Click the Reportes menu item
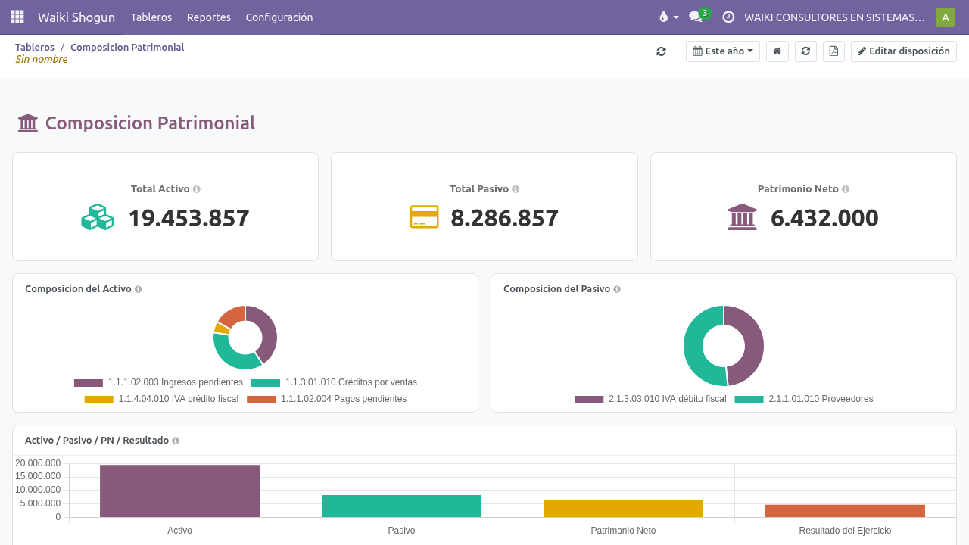208,17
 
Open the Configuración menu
279,17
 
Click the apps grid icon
17,17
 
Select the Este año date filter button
722,51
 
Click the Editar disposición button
904,51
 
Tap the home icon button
777,51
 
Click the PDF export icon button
833,51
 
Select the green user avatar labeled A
946,17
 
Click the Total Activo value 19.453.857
189,218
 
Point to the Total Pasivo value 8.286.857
504,218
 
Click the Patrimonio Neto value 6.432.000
824,218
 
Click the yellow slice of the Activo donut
222,329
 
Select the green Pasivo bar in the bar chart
401,506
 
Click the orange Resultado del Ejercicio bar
845,511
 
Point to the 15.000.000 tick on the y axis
38,476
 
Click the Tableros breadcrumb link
35,47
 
